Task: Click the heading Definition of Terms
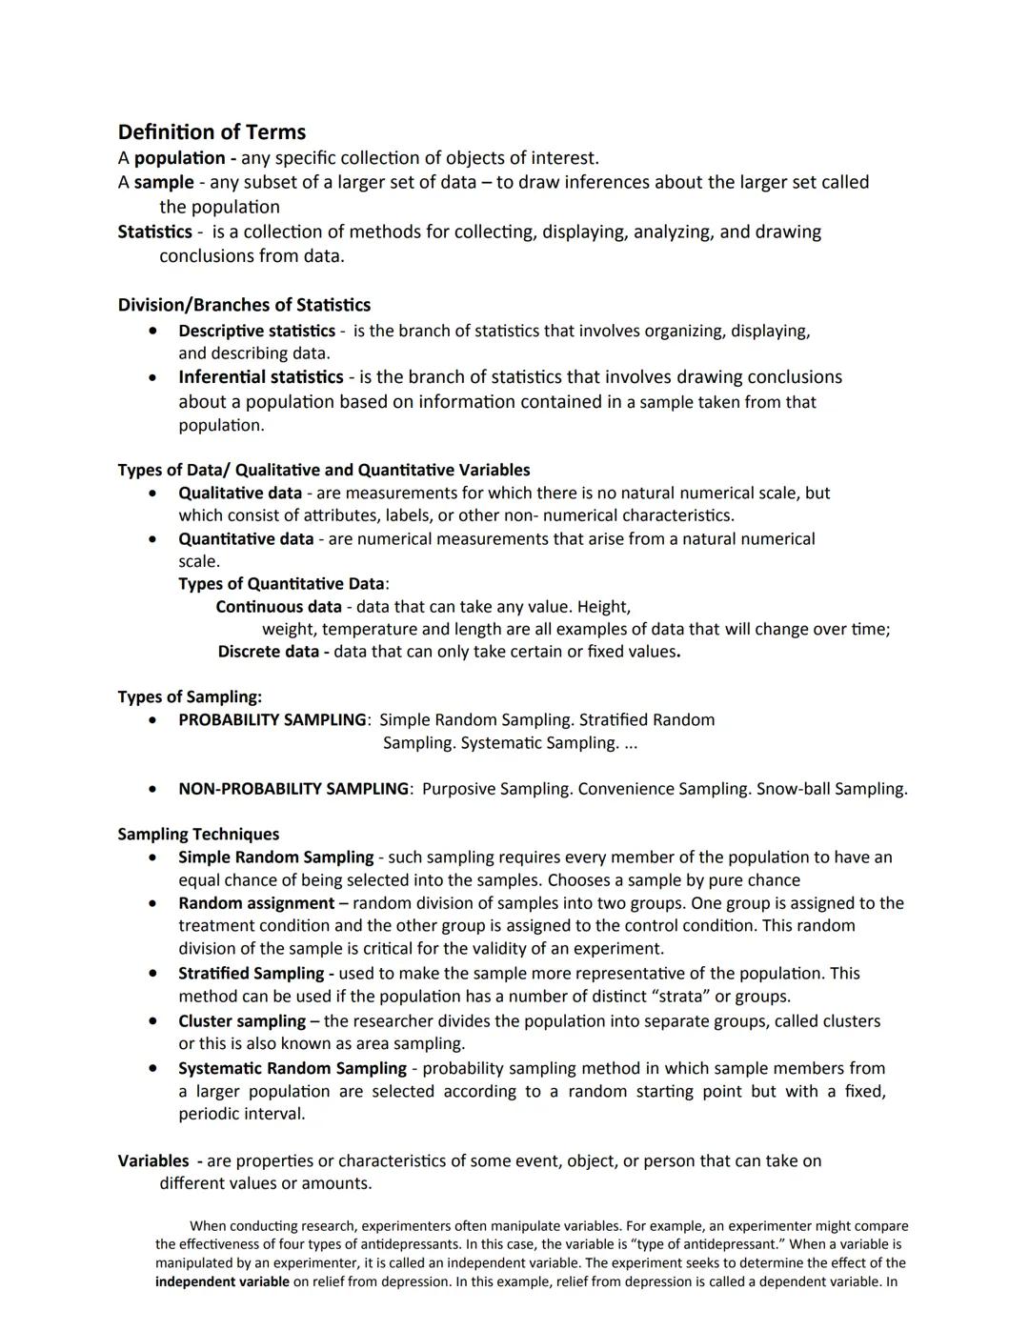coord(212,132)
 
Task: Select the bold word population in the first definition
coord(179,158)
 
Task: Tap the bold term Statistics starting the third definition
coord(154,232)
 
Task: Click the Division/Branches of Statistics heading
coord(244,305)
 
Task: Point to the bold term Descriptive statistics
coord(256,331)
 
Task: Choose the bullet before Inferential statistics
coord(152,378)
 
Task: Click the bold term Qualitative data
coord(240,493)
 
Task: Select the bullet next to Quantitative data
coord(152,539)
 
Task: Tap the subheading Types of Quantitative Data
coord(281,584)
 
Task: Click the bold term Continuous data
coord(278,607)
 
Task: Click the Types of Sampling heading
coord(190,696)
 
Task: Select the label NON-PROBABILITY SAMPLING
coord(293,789)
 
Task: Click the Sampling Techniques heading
coord(198,835)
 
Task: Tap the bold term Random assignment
coord(256,903)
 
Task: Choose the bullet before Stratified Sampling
coord(152,974)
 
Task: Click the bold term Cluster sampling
coord(242,1021)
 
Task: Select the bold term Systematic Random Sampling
coord(293,1069)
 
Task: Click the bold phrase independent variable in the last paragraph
coord(222,1281)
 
